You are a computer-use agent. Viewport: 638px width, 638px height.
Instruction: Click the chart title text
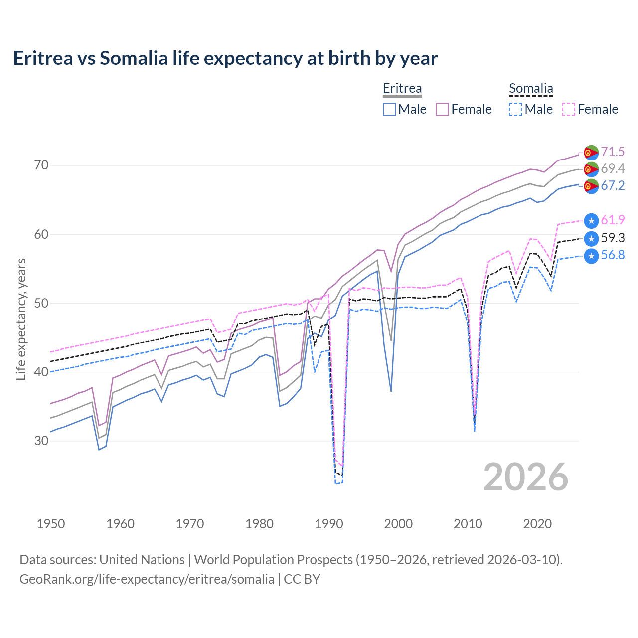[x=225, y=58]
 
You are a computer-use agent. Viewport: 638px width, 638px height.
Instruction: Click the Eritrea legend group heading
[x=402, y=89]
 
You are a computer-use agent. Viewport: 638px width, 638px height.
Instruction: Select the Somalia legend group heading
[x=531, y=89]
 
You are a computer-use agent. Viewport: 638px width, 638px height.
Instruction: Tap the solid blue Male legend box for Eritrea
[x=389, y=109]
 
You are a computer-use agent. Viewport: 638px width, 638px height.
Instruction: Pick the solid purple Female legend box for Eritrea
[x=442, y=109]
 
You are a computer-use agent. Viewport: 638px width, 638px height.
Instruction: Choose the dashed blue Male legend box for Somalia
[x=515, y=109]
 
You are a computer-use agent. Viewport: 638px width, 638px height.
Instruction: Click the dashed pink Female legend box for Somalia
[x=568, y=109]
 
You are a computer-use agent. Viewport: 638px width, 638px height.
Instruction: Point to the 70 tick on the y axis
[x=41, y=165]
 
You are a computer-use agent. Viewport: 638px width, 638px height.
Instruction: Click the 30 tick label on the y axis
[x=41, y=441]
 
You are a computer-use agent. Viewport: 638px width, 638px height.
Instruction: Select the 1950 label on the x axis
[x=51, y=524]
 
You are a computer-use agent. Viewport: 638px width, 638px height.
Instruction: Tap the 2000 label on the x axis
[x=398, y=524]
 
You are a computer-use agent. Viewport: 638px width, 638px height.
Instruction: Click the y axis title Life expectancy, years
[x=21, y=319]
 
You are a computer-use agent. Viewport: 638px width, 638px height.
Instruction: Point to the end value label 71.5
[x=613, y=152]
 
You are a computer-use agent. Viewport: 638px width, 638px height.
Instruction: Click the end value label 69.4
[x=613, y=168]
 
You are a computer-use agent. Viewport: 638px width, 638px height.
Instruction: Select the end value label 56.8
[x=613, y=255]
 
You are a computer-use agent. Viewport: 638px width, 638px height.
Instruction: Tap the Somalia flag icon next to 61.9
[x=591, y=220]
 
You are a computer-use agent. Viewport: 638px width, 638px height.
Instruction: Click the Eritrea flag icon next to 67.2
[x=591, y=186]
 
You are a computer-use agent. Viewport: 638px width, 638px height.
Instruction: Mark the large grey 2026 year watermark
[x=526, y=477]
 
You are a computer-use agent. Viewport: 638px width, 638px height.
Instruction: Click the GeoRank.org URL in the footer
[x=147, y=579]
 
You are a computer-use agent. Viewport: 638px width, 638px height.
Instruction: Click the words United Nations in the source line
[x=142, y=560]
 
